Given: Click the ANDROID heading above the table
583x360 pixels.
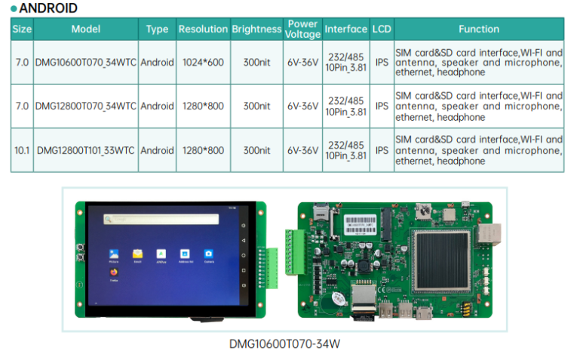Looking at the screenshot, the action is click(x=47, y=9).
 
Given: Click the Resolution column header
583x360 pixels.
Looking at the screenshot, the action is click(x=202, y=29).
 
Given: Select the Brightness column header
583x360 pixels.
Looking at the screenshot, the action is click(x=256, y=29).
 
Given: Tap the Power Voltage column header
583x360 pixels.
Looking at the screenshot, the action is click(x=302, y=29).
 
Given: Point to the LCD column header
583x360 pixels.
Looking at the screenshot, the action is click(x=382, y=29).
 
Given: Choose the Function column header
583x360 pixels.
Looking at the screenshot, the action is click(x=478, y=29).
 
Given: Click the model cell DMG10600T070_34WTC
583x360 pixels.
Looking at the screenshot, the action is click(x=85, y=63).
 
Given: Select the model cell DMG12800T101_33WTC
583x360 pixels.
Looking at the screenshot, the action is click(x=85, y=150).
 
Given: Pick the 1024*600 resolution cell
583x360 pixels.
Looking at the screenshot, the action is click(x=203, y=63).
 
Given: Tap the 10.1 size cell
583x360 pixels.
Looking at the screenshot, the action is click(x=22, y=150).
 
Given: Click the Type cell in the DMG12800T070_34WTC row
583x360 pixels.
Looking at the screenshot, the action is click(x=157, y=106).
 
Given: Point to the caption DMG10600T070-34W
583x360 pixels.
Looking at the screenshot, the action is click(x=284, y=344).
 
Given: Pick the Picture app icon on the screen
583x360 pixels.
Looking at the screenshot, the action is click(x=113, y=254).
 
